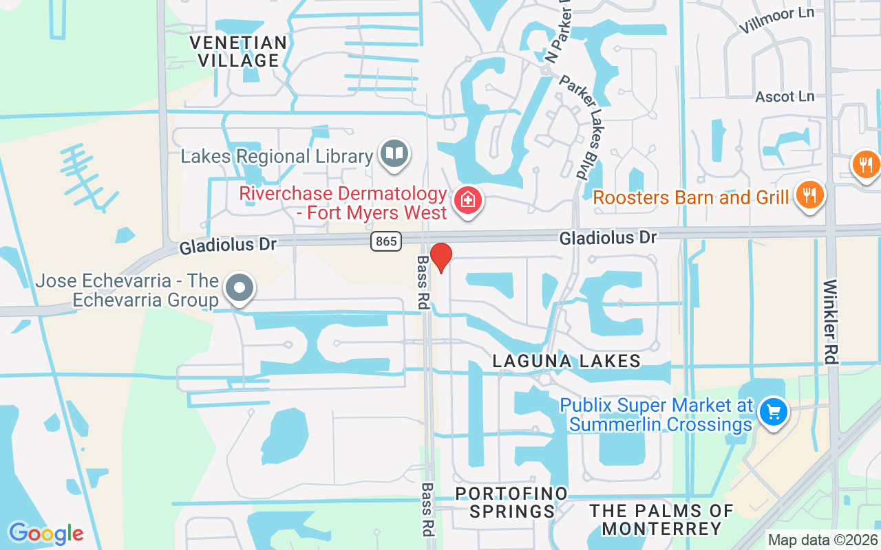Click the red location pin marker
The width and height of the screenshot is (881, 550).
point(440,257)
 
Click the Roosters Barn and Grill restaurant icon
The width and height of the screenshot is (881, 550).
point(809,195)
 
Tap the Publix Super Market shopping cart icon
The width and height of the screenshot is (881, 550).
point(773,412)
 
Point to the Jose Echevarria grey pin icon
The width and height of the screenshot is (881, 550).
point(240,289)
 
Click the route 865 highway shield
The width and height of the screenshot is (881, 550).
point(385,241)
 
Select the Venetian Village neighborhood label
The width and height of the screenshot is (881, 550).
point(238,52)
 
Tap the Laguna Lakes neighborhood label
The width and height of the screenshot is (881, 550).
point(566,361)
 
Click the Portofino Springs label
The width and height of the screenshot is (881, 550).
point(512,503)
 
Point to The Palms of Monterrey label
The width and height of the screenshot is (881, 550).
point(661,519)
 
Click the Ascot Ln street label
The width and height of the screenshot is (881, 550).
point(785,96)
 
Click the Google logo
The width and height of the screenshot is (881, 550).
point(46,533)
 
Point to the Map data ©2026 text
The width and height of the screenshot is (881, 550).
point(822,540)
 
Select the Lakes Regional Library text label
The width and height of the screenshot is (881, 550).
point(277,156)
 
